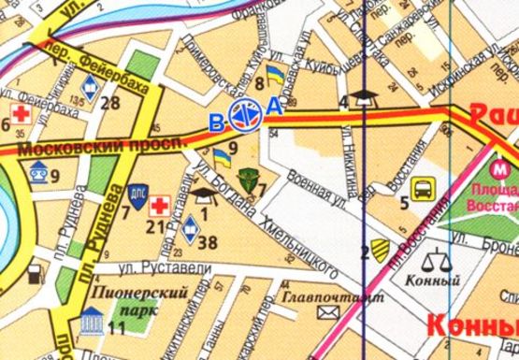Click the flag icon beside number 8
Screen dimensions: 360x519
[274, 73]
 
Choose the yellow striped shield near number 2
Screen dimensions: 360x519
[379, 248]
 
